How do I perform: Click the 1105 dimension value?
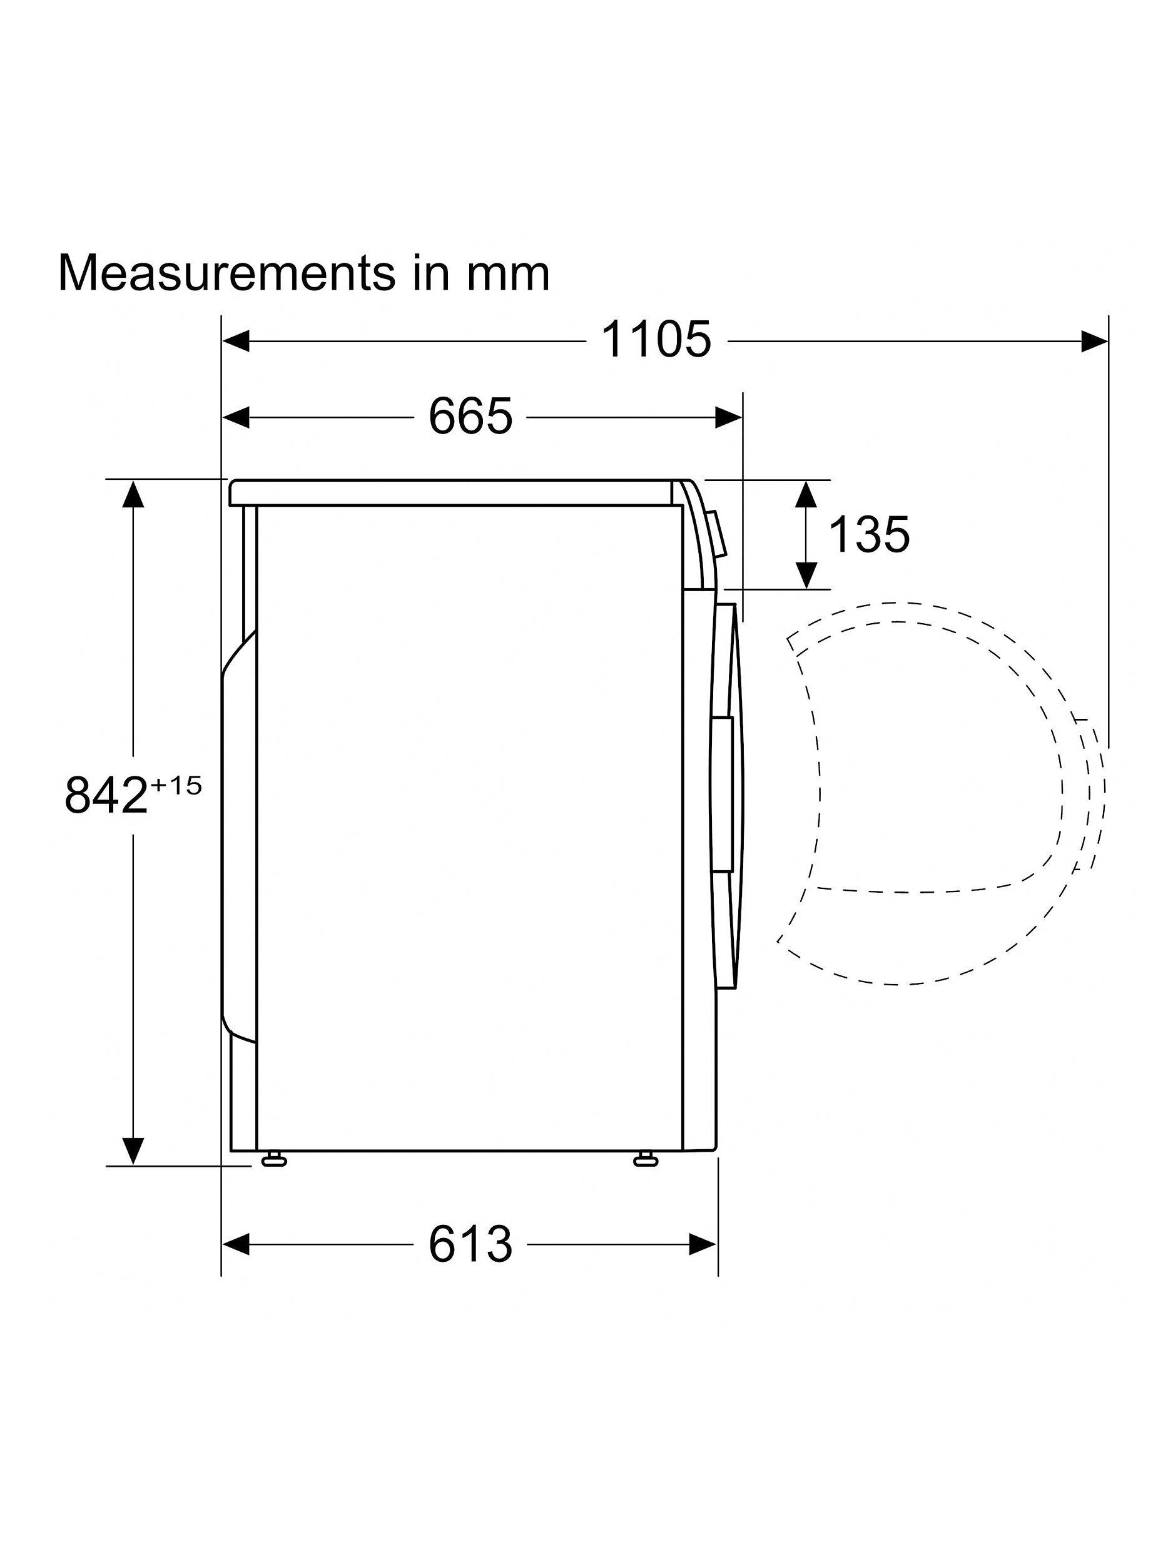[x=656, y=340]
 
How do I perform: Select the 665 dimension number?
[x=470, y=417]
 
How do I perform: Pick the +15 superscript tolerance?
[x=174, y=786]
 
